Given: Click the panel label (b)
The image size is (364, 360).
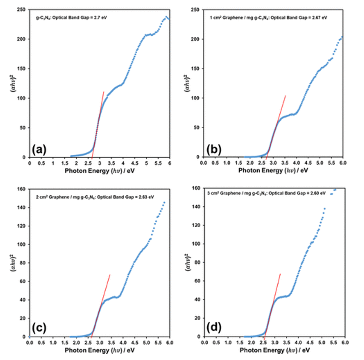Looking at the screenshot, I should (x=212, y=149).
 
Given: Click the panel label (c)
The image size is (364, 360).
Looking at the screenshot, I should (x=39, y=329).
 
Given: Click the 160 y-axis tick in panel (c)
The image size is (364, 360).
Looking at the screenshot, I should (x=22, y=189).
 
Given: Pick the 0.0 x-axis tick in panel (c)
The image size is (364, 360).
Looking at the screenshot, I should (x=30, y=342).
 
